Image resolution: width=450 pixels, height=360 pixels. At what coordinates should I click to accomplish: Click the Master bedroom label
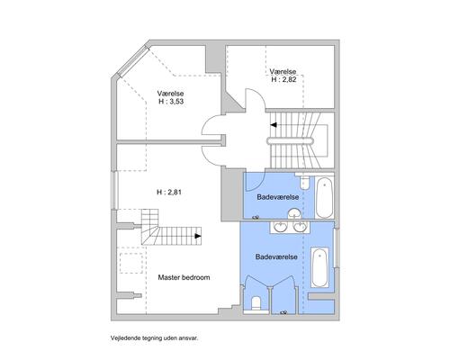click(184, 277)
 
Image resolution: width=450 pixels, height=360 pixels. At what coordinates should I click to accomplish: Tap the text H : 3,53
click(171, 102)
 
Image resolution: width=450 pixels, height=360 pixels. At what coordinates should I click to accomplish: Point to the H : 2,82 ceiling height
click(283, 79)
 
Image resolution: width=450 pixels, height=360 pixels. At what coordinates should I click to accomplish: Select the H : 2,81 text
click(169, 193)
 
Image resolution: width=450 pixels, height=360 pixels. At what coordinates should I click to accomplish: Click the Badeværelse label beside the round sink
click(278, 197)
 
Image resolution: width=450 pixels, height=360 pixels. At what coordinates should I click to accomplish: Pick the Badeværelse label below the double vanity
click(276, 256)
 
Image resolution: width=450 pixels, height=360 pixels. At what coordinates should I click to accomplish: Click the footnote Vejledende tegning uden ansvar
click(155, 338)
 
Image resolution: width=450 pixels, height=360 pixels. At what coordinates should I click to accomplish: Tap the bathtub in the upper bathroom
click(324, 198)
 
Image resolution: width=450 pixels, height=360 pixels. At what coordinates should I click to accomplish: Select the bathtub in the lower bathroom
click(319, 267)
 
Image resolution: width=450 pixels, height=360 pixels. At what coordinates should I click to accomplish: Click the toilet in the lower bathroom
click(256, 303)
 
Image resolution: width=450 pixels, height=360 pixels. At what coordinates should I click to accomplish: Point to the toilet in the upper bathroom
click(304, 181)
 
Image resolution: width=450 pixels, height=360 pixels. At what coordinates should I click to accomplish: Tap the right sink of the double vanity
click(300, 227)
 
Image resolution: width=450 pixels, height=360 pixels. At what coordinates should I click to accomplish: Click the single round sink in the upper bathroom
click(294, 213)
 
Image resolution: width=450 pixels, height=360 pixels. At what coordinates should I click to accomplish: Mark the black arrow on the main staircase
click(274, 125)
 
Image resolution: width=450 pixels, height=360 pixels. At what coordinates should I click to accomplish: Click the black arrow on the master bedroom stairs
click(198, 236)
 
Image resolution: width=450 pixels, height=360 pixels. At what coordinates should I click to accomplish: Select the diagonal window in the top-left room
click(132, 61)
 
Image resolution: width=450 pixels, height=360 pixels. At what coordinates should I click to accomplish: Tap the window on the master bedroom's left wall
click(113, 190)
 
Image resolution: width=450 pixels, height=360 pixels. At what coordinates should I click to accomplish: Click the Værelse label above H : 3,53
click(170, 94)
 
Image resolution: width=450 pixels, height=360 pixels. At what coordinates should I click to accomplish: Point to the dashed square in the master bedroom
click(131, 263)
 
